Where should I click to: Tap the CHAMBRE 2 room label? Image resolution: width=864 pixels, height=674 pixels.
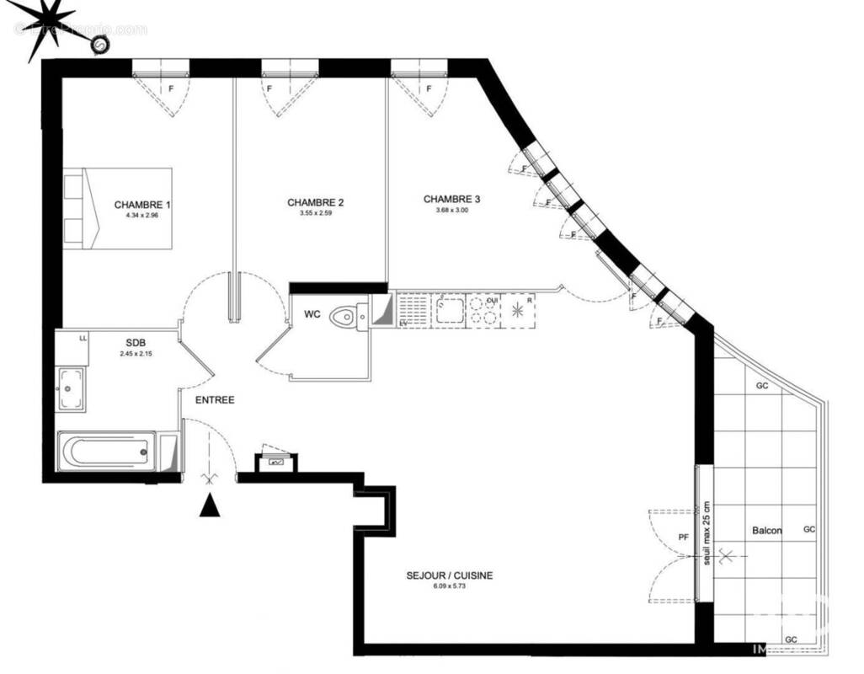[x=315, y=202]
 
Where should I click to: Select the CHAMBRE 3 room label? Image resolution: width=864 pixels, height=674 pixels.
[x=451, y=199]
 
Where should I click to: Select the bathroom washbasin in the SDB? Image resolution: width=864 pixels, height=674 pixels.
[x=71, y=389]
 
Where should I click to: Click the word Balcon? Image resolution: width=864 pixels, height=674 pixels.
[x=766, y=531]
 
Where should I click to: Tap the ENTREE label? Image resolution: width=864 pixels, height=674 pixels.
[x=215, y=400]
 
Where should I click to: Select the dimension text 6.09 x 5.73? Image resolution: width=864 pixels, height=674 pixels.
[x=449, y=586]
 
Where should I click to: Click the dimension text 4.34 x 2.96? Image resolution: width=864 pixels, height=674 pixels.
[x=141, y=216]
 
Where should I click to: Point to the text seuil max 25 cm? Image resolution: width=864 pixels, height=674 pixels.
[x=707, y=534]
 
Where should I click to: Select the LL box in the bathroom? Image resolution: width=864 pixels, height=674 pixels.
[x=83, y=339]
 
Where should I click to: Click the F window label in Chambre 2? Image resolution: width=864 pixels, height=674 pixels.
[x=269, y=88]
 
